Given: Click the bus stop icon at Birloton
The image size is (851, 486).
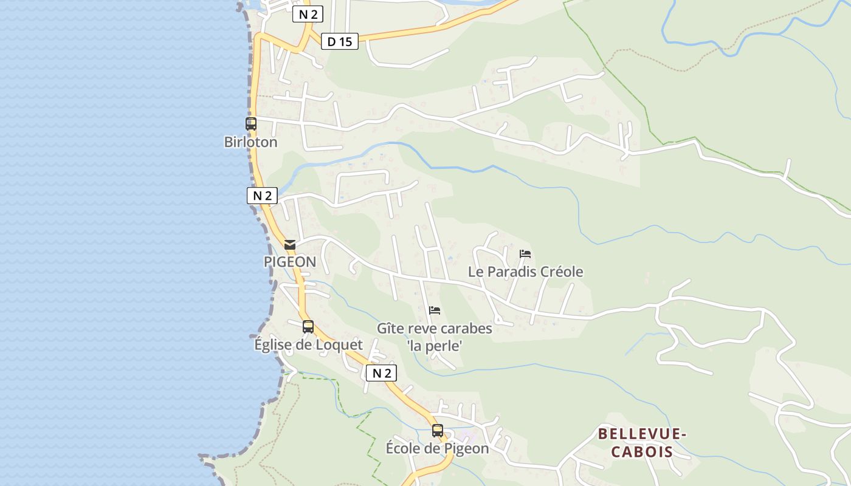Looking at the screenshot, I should pos(250,124).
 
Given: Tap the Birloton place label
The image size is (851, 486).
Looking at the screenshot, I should pos(250,142).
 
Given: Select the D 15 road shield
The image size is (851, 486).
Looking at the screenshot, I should pos(339,41).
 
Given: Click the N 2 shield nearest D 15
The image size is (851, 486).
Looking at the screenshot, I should pos(308,15).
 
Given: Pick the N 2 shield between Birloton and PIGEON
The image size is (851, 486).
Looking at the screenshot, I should pos(262,196).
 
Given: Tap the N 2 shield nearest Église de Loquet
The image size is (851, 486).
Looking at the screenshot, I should pos(381,373).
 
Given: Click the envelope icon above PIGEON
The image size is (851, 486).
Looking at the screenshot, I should pos(290,245).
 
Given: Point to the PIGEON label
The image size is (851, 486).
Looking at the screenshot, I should pos(289,262).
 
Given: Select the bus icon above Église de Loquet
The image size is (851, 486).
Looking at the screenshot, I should pos(308,327).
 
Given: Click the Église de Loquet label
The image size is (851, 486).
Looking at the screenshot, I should pos(308,345).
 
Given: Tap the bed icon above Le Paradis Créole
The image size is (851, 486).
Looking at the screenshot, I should pos(525,254).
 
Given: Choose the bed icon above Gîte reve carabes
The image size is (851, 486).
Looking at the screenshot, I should pos(435,310).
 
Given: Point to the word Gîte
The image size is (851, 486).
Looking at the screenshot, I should pos(390,329).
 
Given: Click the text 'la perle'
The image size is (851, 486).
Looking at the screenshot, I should pos(435,346).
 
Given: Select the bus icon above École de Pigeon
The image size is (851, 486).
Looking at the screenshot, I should pos(438,431).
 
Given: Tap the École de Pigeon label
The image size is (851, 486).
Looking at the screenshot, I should pos(437,449).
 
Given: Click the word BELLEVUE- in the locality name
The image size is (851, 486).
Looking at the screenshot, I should pos(642,434).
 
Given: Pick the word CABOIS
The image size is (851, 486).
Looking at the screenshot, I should pos(642,452).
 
